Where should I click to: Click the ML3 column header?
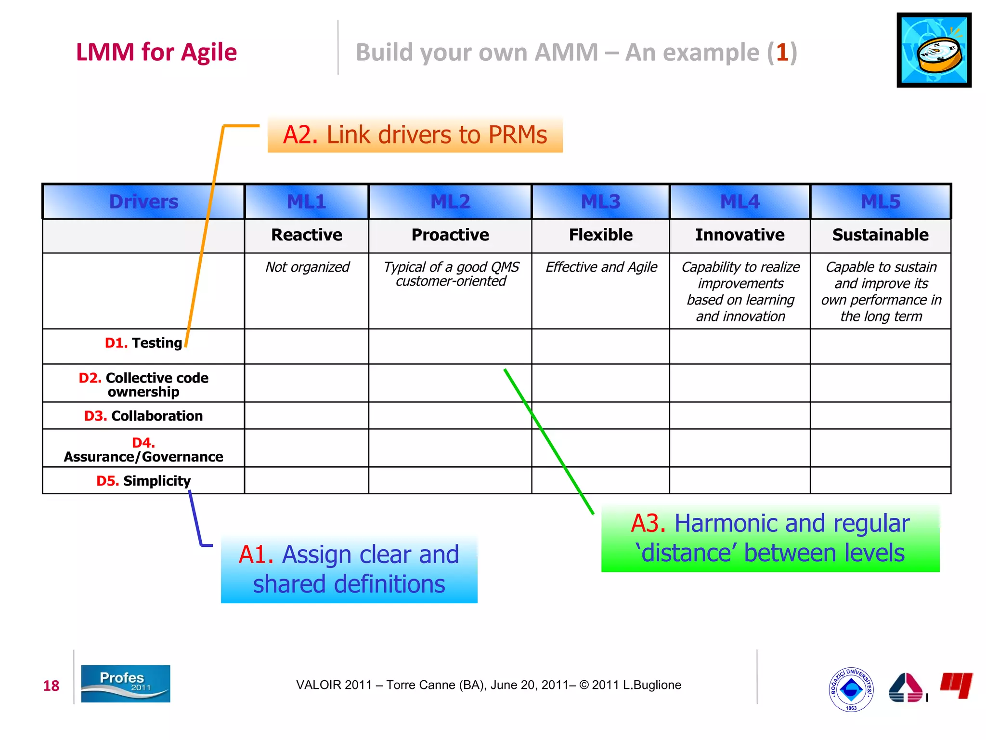point(600,201)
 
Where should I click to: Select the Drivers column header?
point(143,201)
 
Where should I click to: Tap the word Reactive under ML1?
point(307,235)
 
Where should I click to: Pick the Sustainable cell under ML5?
point(881,235)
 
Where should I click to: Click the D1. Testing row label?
point(143,343)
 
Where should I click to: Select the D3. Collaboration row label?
point(143,416)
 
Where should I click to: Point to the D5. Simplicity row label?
point(143,481)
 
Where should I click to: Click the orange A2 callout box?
point(415,135)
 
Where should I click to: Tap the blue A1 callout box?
point(349,569)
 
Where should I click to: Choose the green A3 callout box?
point(770,538)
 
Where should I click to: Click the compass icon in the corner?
point(934,50)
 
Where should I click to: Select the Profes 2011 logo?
point(126,683)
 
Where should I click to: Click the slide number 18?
point(51,686)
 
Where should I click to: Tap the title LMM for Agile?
point(156,52)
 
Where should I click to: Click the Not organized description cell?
point(307,267)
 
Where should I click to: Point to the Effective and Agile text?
point(601,267)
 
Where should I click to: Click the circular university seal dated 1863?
point(851,689)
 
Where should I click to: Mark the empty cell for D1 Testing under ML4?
point(739,346)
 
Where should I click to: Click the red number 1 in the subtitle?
point(782,52)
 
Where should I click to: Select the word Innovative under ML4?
point(739,235)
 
